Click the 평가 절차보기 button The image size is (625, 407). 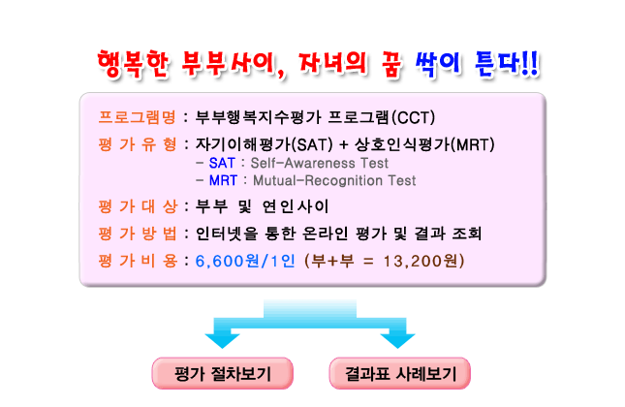tap(223, 373)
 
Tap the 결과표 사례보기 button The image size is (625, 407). tap(400, 373)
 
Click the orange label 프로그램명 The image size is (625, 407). tap(137, 117)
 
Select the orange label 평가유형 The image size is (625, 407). tap(137, 144)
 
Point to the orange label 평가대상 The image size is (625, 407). tap(137, 206)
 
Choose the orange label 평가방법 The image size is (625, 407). tap(137, 234)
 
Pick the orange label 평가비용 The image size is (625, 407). tap(137, 261)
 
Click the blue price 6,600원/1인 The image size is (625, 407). tap(245, 261)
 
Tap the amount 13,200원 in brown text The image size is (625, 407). tap(421, 261)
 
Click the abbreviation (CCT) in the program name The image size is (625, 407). tap(414, 117)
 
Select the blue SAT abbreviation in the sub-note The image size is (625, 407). tap(222, 163)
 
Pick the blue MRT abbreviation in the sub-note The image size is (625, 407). tap(223, 180)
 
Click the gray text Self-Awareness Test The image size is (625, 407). tap(319, 163)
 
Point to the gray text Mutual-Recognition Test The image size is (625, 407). tap(334, 180)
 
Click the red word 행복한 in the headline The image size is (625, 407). tap(134, 64)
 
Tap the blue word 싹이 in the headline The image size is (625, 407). tap(438, 64)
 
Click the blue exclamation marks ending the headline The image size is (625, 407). tap(530, 64)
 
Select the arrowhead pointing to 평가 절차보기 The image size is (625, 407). tap(222, 340)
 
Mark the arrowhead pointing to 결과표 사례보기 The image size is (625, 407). tap(397, 340)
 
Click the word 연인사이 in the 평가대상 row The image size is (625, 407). tap(296, 206)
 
